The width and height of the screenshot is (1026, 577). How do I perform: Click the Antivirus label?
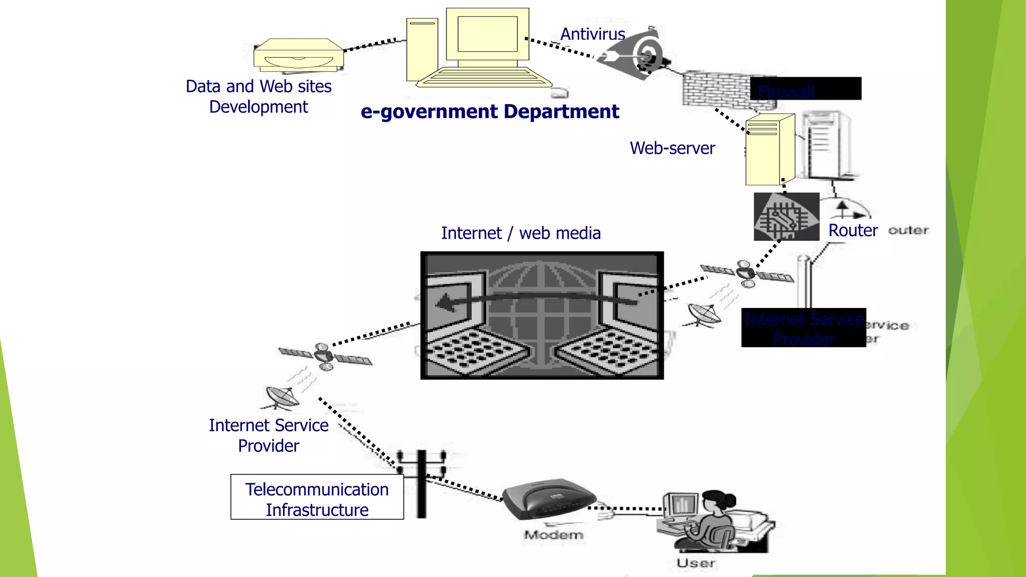coord(592,34)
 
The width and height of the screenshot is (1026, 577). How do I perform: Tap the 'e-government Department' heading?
coord(489,111)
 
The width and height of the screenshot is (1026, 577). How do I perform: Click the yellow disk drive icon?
coord(299,56)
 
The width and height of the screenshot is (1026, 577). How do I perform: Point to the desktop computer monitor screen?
coord(487,34)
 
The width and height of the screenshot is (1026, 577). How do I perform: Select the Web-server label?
coord(672,148)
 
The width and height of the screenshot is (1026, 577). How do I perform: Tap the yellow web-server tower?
coord(766,150)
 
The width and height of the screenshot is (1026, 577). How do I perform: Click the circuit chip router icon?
coord(786,217)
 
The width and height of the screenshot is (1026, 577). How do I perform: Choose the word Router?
coord(853,230)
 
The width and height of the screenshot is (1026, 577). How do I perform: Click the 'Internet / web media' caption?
coord(521,233)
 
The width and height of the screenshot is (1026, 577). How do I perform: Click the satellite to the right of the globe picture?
coord(746,273)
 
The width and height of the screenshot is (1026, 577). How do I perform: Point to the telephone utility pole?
coord(421,483)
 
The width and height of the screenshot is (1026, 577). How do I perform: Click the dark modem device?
coord(549,498)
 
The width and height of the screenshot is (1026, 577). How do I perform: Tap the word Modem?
coord(553,535)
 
